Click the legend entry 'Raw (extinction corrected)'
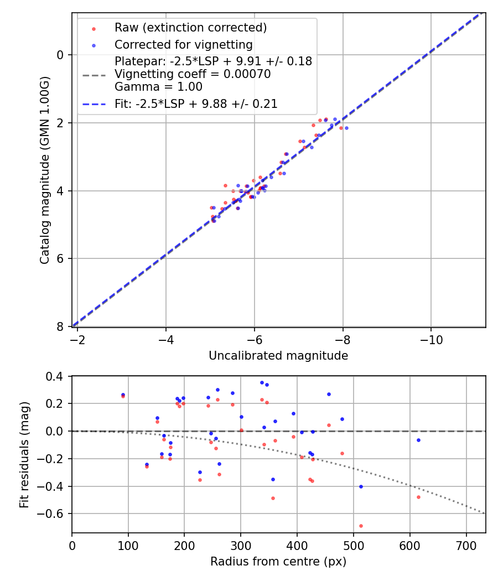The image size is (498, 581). point(190,28)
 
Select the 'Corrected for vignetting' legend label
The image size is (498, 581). point(183,45)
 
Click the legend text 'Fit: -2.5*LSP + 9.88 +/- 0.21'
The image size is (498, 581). point(196,104)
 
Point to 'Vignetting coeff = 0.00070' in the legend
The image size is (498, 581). point(193,74)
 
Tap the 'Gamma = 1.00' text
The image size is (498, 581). point(158,87)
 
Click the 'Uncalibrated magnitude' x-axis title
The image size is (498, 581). point(278,356)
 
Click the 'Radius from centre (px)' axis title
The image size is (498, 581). point(278,562)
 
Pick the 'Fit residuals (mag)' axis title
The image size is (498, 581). point(24,455)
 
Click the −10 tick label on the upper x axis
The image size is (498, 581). point(431,340)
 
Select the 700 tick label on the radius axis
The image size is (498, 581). point(466,546)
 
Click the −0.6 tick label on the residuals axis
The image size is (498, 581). point(53,514)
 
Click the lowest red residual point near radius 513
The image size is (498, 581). point(361,526)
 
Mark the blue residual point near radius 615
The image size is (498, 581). point(418,440)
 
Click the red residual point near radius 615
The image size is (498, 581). point(418,497)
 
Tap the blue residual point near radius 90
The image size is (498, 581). point(123,395)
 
